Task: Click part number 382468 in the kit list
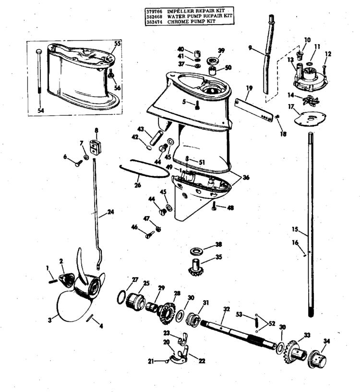click(154, 16)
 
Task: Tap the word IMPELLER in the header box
click(178, 11)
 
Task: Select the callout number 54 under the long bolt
click(40, 110)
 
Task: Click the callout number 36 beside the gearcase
click(246, 177)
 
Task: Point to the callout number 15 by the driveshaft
click(295, 229)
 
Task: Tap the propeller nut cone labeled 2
click(66, 280)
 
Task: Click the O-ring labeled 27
click(121, 297)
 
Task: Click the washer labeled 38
click(197, 251)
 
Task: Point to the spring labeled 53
click(256, 322)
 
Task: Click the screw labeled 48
click(214, 206)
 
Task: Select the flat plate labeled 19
click(253, 110)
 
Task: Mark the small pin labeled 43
click(156, 137)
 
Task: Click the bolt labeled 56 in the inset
click(111, 74)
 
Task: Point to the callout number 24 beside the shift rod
click(110, 212)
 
